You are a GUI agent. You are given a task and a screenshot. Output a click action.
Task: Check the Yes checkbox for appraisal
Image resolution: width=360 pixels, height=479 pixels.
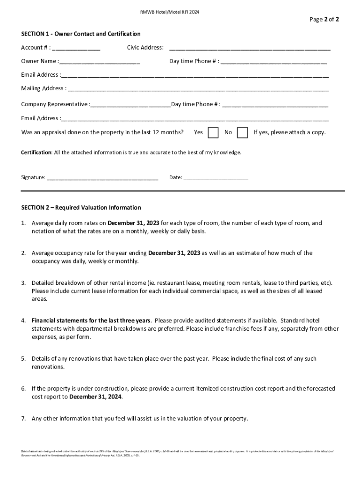click(x=213, y=132)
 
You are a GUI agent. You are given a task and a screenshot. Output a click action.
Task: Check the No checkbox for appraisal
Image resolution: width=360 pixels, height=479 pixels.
click(x=242, y=132)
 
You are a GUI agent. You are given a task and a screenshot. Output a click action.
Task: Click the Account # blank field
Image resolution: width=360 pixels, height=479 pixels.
click(x=76, y=48)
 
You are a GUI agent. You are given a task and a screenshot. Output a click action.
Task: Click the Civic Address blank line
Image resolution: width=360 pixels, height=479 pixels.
click(x=250, y=48)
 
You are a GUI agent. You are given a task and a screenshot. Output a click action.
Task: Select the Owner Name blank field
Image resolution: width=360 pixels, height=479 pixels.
click(x=100, y=62)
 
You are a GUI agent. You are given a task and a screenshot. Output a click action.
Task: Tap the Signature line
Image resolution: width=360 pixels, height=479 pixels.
click(x=102, y=178)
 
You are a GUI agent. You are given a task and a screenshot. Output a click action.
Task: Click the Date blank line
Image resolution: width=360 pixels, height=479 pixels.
click(x=216, y=178)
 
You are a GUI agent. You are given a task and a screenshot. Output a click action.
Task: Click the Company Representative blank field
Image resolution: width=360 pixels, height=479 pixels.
click(x=130, y=104)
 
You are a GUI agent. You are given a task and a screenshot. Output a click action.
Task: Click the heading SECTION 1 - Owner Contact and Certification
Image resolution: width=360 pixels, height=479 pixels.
click(x=80, y=34)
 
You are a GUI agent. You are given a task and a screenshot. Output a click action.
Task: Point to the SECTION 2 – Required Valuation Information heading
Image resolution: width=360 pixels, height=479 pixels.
click(x=81, y=207)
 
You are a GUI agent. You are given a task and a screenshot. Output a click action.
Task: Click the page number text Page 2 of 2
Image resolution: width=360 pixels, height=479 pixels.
click(x=324, y=19)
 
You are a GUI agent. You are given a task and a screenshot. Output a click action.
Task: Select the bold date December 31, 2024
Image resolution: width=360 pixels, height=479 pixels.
click(x=96, y=396)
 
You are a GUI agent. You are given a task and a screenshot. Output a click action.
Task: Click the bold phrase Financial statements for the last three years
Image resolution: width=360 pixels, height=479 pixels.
click(x=91, y=320)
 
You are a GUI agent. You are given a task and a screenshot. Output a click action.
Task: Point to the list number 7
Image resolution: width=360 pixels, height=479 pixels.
click(x=23, y=418)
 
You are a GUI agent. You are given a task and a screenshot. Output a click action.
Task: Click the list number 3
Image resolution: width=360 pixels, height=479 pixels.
click(x=23, y=283)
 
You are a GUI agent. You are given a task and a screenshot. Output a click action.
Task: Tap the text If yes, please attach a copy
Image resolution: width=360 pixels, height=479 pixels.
click(x=289, y=132)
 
